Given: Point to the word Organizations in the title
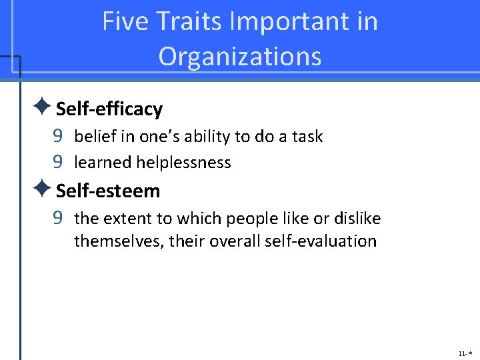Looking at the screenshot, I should point(240,57).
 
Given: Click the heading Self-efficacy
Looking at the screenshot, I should point(109,109).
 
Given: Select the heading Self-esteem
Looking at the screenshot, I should point(108,191).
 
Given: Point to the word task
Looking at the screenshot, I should point(308,137).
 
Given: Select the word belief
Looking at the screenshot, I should point(93,137).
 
